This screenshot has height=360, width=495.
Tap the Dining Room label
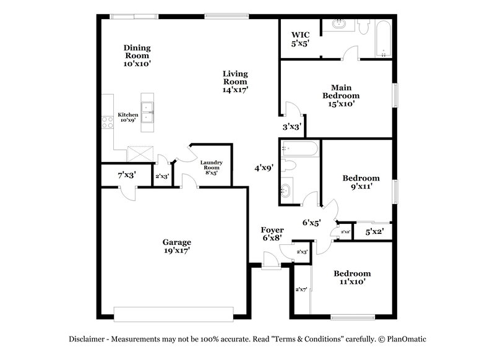[x=137, y=55]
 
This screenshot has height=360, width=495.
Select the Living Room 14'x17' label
[x=236, y=82]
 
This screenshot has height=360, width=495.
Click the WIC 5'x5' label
[x=300, y=40]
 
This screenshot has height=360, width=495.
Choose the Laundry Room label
[x=211, y=168]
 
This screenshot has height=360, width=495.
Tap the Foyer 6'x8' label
[x=272, y=233]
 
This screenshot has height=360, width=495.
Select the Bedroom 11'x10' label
[x=352, y=277]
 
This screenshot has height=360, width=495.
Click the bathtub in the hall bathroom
[x=299, y=148]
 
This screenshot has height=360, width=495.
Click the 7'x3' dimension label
[x=127, y=176]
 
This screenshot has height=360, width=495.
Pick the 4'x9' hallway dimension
[x=264, y=167]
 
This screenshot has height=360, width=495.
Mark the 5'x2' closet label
[x=374, y=231]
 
